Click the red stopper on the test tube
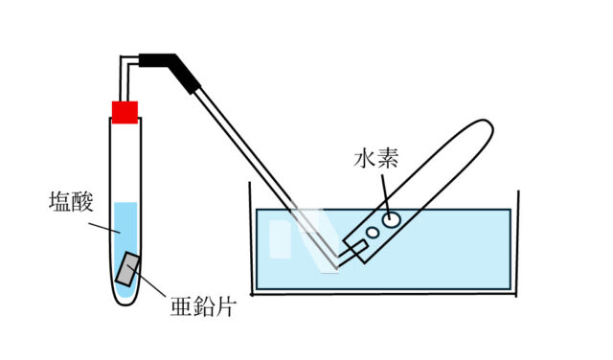tap(125, 112)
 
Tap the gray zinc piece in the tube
tap(128, 271)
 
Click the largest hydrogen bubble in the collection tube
tap(392, 219)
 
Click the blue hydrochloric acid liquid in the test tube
tap(125, 230)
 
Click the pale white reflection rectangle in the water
tap(280, 239)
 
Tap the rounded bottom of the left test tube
tap(125, 300)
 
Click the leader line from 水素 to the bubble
tap(384, 188)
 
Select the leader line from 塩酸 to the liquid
tap(102, 226)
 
